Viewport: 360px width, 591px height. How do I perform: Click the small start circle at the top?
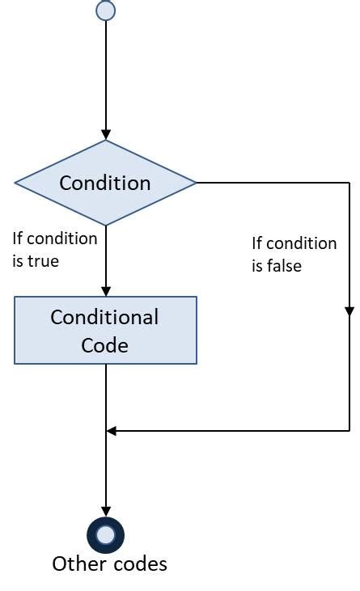click(105, 11)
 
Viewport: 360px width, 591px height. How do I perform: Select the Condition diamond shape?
click(105, 183)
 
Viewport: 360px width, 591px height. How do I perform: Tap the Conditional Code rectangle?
click(105, 330)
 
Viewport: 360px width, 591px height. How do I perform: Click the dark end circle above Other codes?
click(105, 534)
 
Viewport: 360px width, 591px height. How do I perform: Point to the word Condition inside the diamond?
click(105, 183)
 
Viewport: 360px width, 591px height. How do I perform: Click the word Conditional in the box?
click(105, 317)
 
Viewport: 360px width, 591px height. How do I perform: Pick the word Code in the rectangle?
click(105, 345)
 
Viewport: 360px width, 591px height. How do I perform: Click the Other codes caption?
click(109, 564)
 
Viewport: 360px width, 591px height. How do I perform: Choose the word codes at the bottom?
click(136, 564)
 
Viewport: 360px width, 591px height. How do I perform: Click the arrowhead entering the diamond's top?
click(105, 135)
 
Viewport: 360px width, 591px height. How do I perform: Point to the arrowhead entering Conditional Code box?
click(105, 291)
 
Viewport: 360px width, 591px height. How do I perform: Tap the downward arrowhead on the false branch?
click(349, 310)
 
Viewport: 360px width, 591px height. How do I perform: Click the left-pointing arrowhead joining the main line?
click(112, 431)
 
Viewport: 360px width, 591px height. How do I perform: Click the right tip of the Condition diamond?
click(195, 183)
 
